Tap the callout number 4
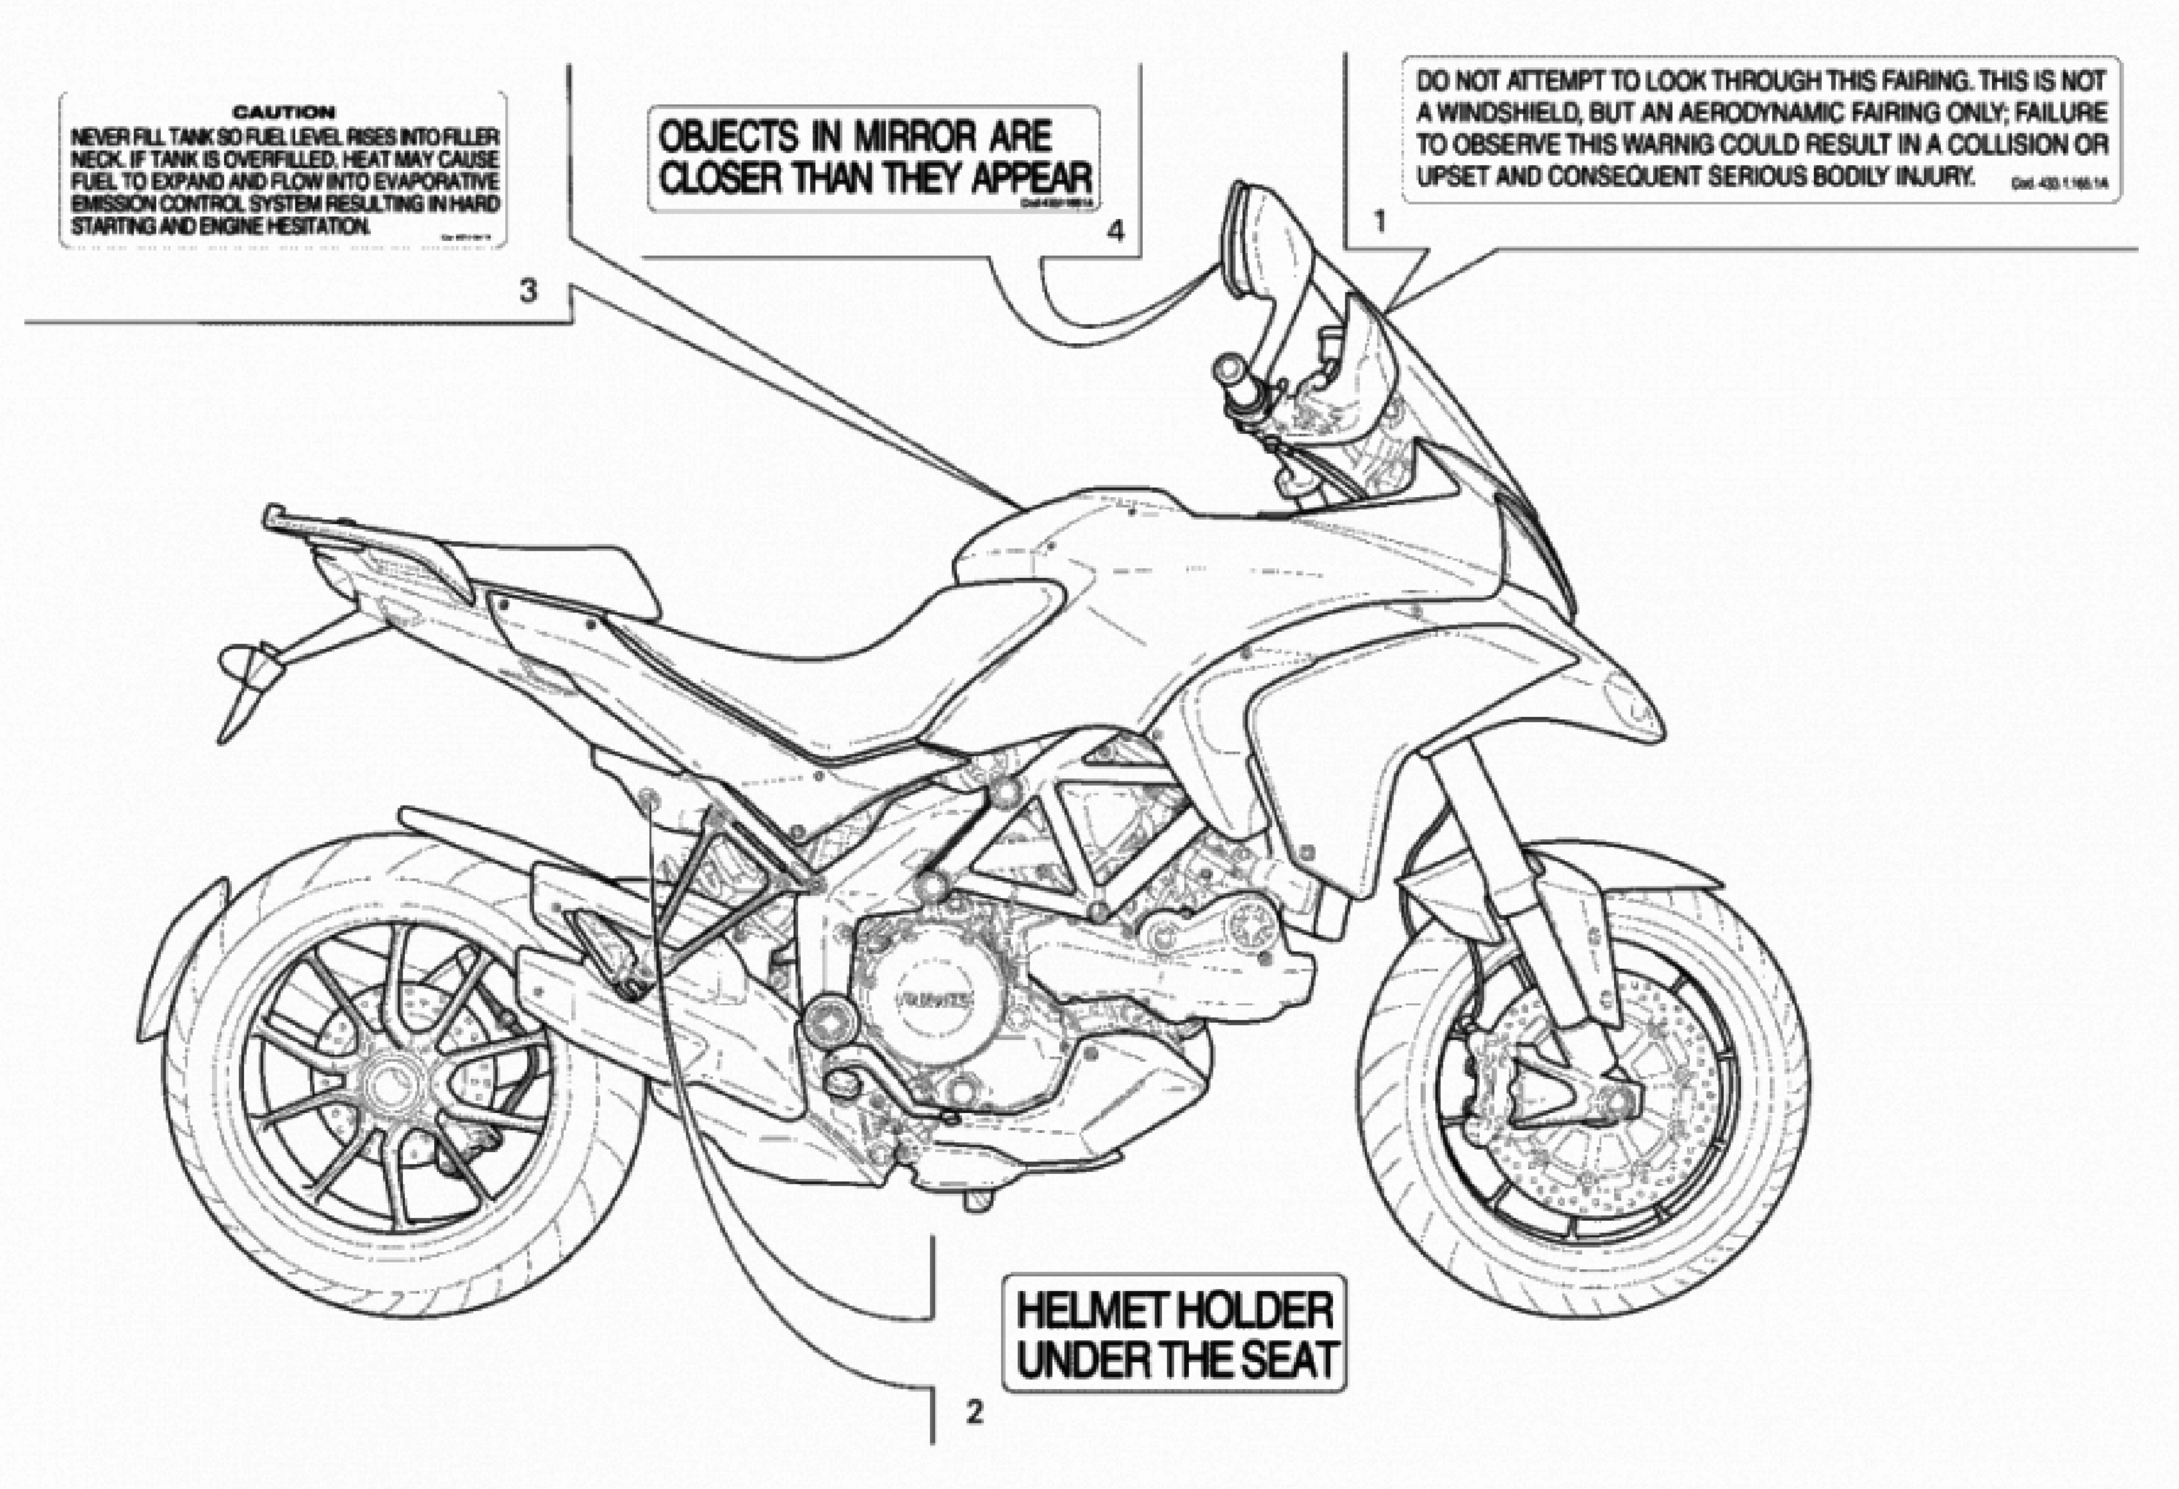[1116, 231]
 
